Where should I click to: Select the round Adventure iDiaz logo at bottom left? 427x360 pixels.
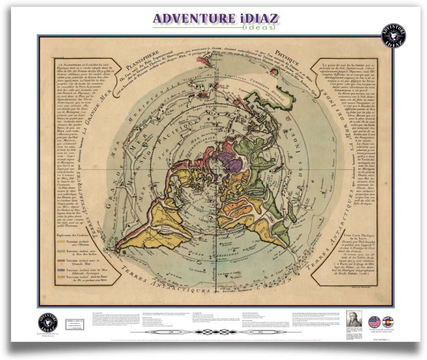tap(48, 322)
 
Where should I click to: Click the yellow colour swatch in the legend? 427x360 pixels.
tap(61, 241)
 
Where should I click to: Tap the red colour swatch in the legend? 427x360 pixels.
tap(61, 261)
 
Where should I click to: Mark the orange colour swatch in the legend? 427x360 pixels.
tap(61, 277)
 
